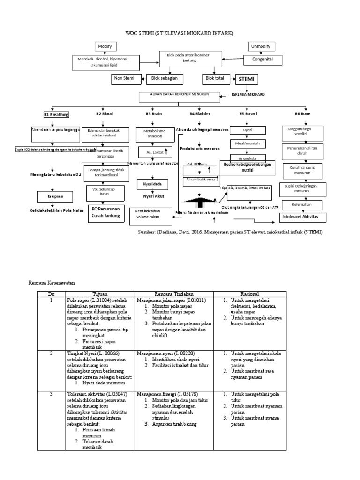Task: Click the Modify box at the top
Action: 106,46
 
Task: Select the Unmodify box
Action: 262,46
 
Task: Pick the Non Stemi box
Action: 125,79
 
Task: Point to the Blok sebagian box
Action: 165,79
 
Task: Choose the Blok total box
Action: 216,78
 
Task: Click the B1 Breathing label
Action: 56,114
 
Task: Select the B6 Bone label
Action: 302,114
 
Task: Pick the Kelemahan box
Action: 302,205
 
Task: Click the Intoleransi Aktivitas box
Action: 302,218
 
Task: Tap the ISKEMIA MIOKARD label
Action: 248,94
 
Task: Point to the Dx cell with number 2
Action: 52,354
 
